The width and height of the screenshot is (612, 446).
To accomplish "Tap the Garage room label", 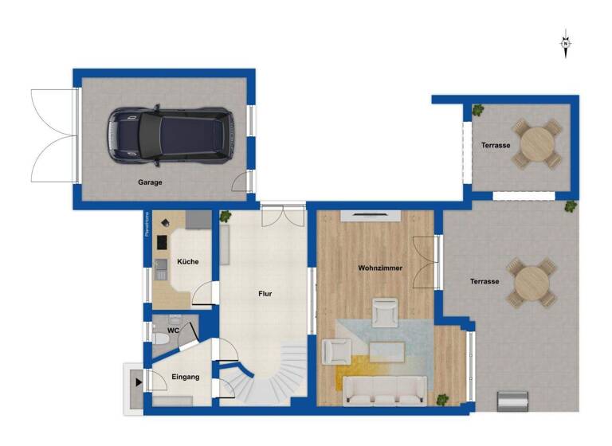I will point(150,182).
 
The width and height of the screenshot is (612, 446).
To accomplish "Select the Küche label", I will point(188,261).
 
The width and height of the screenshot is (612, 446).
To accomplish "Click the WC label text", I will point(173,330).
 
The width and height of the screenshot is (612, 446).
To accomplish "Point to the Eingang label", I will point(185,376).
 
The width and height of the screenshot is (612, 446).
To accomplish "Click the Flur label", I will point(265,294).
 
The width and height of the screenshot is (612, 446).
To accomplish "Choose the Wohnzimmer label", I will point(380,268).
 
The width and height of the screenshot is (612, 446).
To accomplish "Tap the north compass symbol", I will point(565,44).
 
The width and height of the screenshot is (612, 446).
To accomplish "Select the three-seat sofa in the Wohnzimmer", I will point(386,390).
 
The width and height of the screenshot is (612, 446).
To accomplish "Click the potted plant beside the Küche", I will point(226,215).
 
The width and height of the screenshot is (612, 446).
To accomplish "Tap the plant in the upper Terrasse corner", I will point(477,111).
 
